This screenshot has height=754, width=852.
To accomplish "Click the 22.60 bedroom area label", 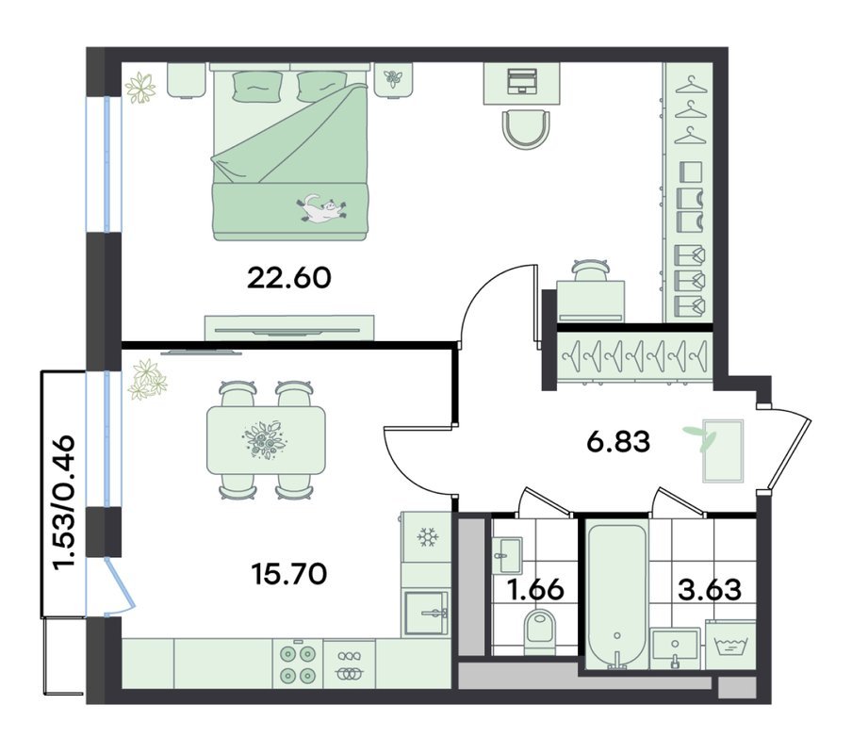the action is pos(288,278).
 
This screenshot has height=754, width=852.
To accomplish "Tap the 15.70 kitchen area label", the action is pos(289,574).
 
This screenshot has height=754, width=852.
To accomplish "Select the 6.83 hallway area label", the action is pos(618,442).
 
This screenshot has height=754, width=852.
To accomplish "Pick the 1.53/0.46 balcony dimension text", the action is pos(63,502).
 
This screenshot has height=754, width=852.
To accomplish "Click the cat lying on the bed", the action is pos(321,209).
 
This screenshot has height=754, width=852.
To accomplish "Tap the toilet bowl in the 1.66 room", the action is pos(540,631).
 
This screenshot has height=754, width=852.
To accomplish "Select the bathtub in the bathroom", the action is pos(617,596).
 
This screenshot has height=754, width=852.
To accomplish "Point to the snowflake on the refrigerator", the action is pos(428,538).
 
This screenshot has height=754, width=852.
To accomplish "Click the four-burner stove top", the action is pos(298,664).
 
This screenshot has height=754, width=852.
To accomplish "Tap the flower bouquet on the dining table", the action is pos(265,438).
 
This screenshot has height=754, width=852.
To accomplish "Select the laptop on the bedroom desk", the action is pos(521,81).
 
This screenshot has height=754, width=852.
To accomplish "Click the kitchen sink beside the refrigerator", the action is pos(427,614).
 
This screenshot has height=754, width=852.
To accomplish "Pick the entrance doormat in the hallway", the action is pos(723,451).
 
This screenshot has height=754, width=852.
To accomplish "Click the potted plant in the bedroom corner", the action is pos(140,88).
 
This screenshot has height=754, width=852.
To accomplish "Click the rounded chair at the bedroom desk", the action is pos(526,129).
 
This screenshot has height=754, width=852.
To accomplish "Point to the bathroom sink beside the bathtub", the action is pos(674,648).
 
